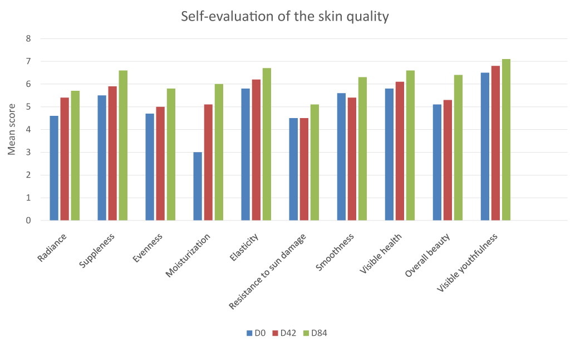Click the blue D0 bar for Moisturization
coord(198,186)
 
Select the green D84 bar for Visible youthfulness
coord(506,140)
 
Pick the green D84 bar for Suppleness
coord(123,145)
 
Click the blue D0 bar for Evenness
coord(150,167)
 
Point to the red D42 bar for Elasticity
coord(256,150)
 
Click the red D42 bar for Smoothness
coord(352,159)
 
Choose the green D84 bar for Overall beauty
coord(458,148)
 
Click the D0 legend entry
coord(255,333)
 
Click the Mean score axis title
coord(12,130)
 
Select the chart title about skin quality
coord(285,17)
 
